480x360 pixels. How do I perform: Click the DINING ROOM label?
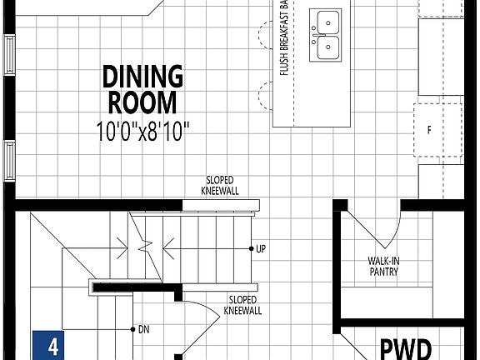(142, 89)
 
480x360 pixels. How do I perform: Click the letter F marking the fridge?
(429, 131)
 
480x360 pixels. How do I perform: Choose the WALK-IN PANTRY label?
(383, 266)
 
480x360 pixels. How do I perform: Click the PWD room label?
(406, 347)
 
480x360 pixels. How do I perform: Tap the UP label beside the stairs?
(261, 249)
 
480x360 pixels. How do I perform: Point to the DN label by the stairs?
(143, 328)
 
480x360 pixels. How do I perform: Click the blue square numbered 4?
(52, 346)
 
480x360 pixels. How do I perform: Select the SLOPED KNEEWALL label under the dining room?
(220, 185)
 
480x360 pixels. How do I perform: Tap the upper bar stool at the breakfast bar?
(265, 35)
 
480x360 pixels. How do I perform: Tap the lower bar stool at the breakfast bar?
(265, 95)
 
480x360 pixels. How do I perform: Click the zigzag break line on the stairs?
(147, 246)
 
